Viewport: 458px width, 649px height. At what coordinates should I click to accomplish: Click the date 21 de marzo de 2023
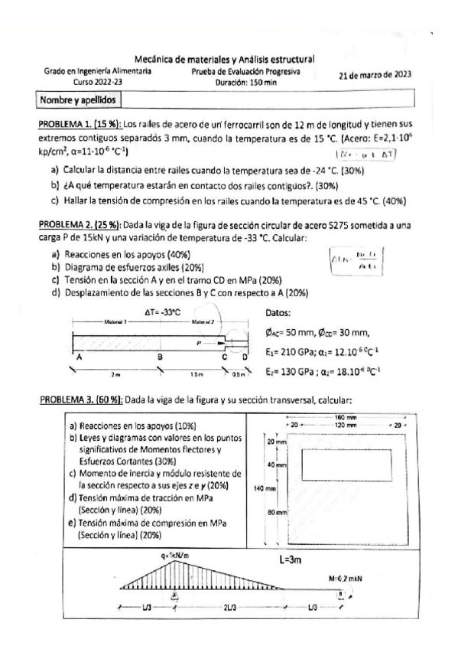coord(375,75)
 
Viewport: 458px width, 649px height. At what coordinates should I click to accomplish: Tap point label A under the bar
coord(76,356)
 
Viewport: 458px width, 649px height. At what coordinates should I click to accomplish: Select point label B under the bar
coord(160,356)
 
